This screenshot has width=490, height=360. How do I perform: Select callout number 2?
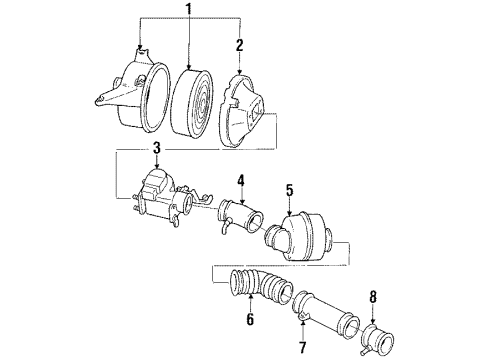click(x=239, y=45)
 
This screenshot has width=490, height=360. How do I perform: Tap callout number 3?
click(x=156, y=149)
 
